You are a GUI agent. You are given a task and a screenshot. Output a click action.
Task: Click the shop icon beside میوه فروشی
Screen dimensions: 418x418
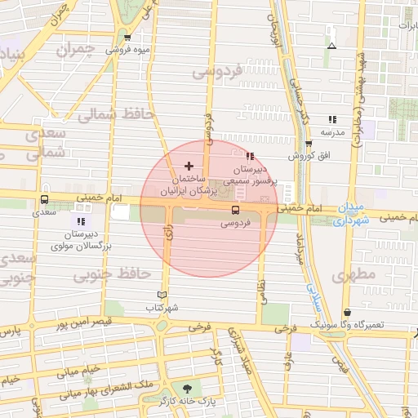click(x=127, y=38)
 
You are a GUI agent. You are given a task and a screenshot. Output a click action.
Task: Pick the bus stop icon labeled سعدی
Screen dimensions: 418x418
click(x=43, y=198)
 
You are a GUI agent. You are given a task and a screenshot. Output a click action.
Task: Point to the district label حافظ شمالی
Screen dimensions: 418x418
click(x=115, y=115)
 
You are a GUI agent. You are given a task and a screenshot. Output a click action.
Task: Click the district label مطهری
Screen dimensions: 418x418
click(x=354, y=275)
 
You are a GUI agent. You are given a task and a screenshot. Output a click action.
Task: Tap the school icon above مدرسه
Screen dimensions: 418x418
click(x=331, y=119)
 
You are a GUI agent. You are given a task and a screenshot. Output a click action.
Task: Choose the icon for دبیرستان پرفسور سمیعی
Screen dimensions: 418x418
click(x=250, y=156)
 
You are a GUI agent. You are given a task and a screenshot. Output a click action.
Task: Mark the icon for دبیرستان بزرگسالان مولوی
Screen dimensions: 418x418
click(x=80, y=221)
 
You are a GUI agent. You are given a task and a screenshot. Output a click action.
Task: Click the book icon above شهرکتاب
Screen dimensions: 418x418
click(x=162, y=295)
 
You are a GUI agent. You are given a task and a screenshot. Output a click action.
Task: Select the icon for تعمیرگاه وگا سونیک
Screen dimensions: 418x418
click(x=348, y=312)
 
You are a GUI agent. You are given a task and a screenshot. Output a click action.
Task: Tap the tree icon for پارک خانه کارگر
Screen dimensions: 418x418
click(x=189, y=389)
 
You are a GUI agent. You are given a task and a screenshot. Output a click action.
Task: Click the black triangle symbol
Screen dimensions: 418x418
click(x=331, y=46)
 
